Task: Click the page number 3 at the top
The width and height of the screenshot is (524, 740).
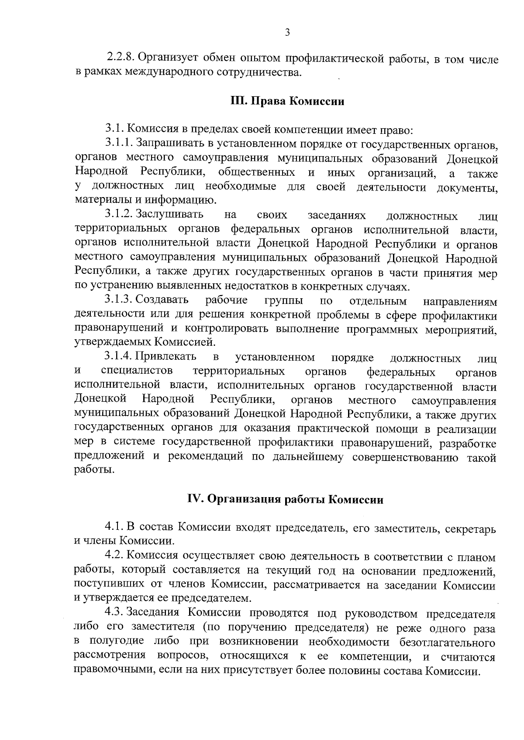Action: (287, 32)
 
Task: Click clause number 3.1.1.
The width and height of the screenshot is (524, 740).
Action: (119, 143)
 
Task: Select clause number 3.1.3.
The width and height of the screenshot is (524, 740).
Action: (119, 300)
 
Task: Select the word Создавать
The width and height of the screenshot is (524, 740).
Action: (162, 300)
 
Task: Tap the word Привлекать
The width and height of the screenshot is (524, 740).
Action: (166, 358)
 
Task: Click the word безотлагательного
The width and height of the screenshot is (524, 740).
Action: (447, 642)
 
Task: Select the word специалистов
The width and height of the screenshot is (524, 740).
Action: (137, 372)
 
